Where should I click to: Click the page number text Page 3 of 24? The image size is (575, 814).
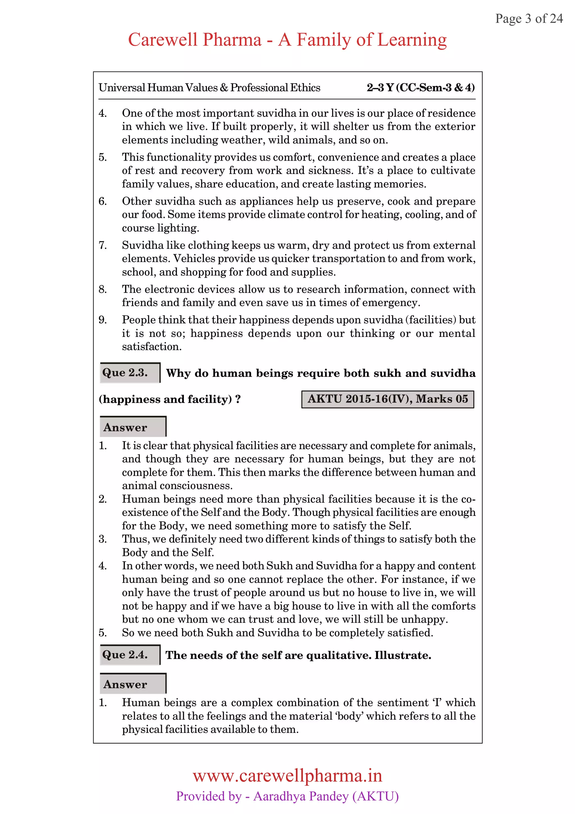[x=529, y=19]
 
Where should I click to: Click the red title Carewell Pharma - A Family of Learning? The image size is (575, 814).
[x=287, y=40]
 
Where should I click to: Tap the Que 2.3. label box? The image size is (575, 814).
[x=130, y=373]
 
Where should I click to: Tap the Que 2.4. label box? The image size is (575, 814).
[x=130, y=654]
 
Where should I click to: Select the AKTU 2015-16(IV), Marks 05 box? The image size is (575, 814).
[x=387, y=399]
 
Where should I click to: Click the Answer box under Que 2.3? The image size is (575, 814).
[x=133, y=427]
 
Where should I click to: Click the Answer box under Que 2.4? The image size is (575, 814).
[x=133, y=684]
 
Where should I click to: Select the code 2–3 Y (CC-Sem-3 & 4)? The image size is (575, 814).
[x=420, y=88]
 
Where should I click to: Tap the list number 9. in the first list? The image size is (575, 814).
[x=102, y=320]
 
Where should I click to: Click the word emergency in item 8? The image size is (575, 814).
[x=391, y=303]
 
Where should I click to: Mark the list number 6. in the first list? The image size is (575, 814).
[x=102, y=201]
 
